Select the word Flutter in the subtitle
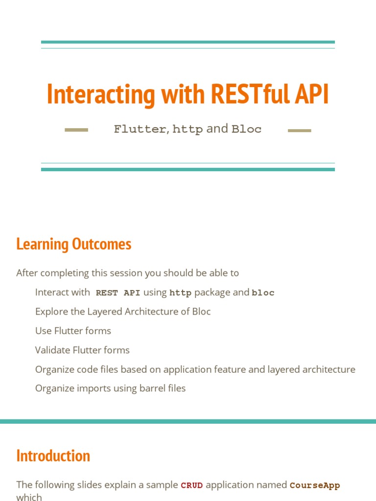140,129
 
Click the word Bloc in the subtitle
246,129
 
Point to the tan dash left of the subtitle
76,130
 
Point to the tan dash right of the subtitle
300,130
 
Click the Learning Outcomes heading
73,244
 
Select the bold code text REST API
118,293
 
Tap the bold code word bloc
263,293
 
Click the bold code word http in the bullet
180,293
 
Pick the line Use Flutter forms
73,331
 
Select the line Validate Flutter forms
82,350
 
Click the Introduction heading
53,455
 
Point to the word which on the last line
29,497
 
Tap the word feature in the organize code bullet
229,369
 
